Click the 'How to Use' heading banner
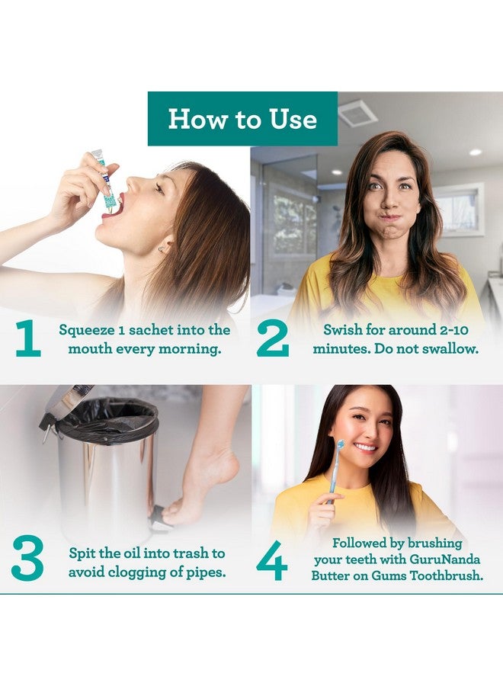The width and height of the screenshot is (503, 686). pyautogui.click(x=242, y=119)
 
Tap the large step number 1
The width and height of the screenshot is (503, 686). pyautogui.click(x=28, y=338)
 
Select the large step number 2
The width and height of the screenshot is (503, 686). pyautogui.click(x=273, y=338)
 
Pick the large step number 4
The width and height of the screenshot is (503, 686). pyautogui.click(x=271, y=560)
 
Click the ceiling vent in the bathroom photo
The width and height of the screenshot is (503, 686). pyautogui.click(x=357, y=114)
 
